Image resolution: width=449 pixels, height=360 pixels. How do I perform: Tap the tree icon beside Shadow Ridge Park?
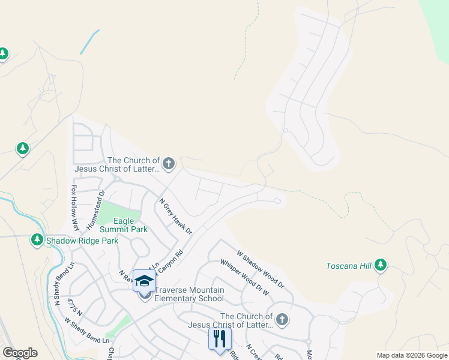pos(37,241)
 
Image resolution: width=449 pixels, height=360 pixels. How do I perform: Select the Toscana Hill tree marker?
pos(380,265)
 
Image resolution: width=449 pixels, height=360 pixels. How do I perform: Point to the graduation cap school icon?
pos(144,281)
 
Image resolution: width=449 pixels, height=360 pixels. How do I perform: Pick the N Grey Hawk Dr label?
pos(175,217)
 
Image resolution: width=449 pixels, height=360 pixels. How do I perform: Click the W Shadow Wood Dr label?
pos(260,269)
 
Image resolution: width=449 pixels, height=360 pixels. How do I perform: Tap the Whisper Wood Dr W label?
pos(244,277)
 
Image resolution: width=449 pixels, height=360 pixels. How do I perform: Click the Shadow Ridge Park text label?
pos(83,241)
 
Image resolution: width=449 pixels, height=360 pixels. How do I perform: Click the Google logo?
pos(20,353)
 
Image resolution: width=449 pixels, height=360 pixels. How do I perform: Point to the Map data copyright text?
pos(411,355)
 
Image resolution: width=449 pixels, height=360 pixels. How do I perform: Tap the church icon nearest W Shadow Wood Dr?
pos(282,319)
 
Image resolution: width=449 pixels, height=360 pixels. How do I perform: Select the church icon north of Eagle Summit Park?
pos(169,163)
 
